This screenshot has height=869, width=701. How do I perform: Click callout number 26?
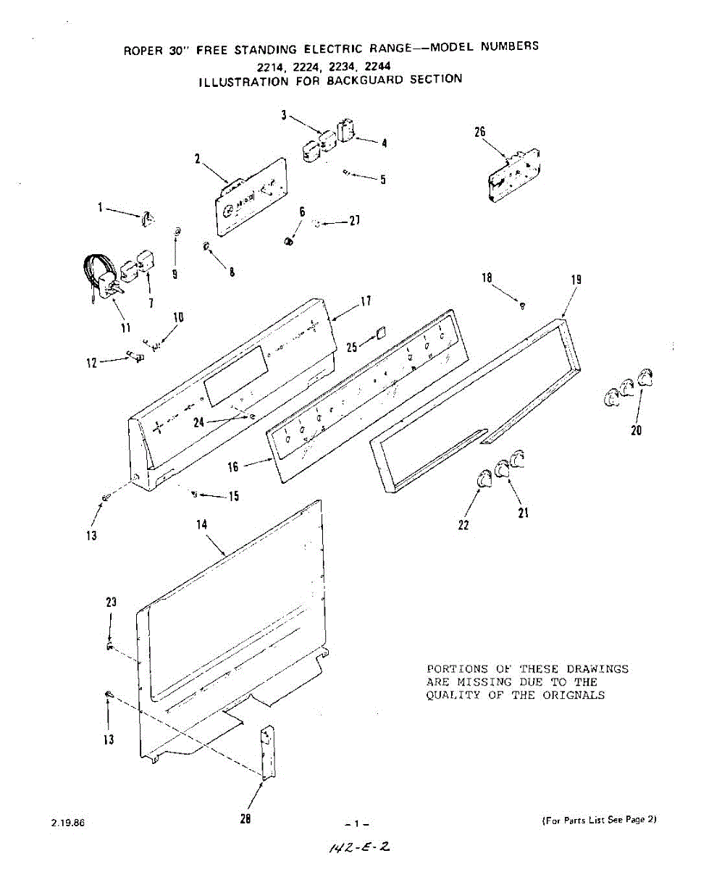(x=479, y=132)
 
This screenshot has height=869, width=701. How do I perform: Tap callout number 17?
(x=366, y=301)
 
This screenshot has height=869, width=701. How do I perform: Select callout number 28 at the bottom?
(x=245, y=819)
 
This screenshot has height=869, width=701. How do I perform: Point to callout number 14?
(x=202, y=524)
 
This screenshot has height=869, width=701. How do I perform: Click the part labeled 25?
(x=380, y=335)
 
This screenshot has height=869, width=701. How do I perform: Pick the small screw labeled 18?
(x=523, y=306)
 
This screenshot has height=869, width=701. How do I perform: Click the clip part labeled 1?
(x=148, y=217)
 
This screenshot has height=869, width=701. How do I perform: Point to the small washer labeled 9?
(x=177, y=232)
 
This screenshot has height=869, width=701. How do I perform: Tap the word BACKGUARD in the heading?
(x=365, y=80)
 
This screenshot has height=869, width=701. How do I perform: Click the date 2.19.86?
(x=68, y=823)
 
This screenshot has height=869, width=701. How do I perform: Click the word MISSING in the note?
(x=493, y=682)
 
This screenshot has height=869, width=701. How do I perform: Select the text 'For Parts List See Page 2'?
(x=599, y=820)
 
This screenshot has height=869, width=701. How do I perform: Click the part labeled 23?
(x=109, y=645)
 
